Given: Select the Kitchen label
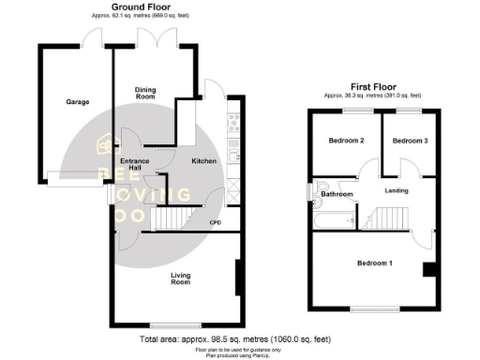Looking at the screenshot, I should [x=204, y=161].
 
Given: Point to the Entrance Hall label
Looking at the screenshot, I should [x=136, y=166].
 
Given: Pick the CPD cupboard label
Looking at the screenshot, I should [x=215, y=222].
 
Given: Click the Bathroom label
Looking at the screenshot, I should [x=337, y=195].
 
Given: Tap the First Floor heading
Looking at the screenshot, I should [x=372, y=86].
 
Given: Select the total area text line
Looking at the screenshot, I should [x=234, y=338].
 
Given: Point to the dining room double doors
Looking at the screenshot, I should [x=155, y=39].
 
